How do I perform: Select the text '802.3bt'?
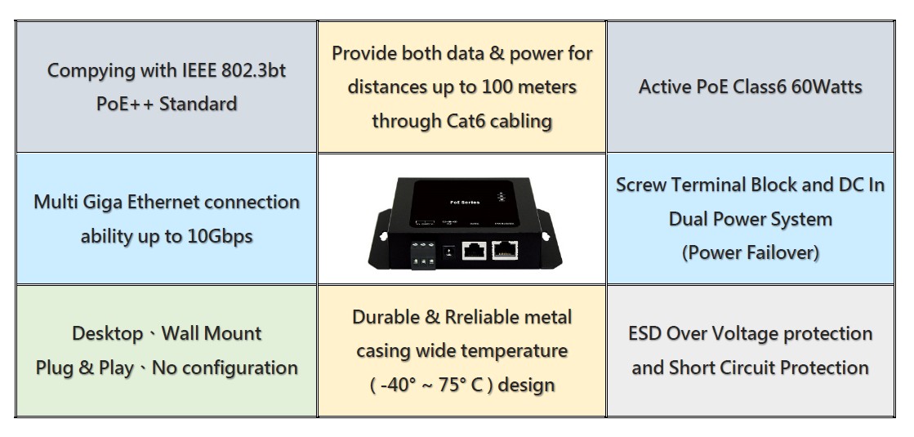[254, 70]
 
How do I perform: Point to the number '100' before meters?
[497, 87]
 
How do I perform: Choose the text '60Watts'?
[830, 87]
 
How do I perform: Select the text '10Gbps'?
[220, 237]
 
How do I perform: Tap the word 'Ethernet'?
[163, 203]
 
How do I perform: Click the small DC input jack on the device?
[448, 252]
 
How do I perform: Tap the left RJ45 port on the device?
[475, 251]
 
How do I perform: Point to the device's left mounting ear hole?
[384, 237]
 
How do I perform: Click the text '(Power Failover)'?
[750, 252]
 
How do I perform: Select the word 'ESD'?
[644, 334]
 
